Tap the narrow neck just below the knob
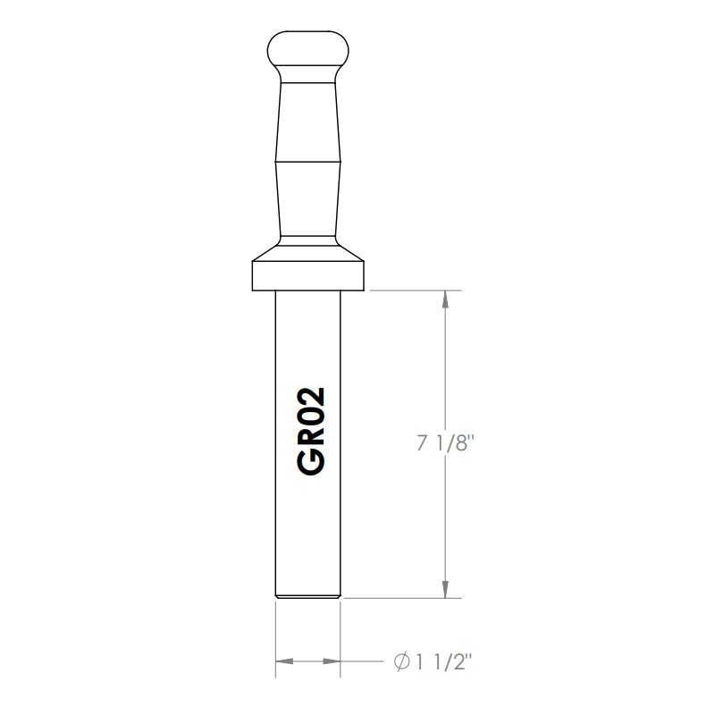tap(308, 77)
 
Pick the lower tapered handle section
tap(308, 197)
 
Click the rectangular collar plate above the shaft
tap(308, 276)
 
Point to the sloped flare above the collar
tap(308, 249)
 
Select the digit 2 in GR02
tap(308, 401)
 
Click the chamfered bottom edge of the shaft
tap(308, 595)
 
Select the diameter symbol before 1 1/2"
tap(403, 662)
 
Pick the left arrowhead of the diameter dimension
tap(285, 662)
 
